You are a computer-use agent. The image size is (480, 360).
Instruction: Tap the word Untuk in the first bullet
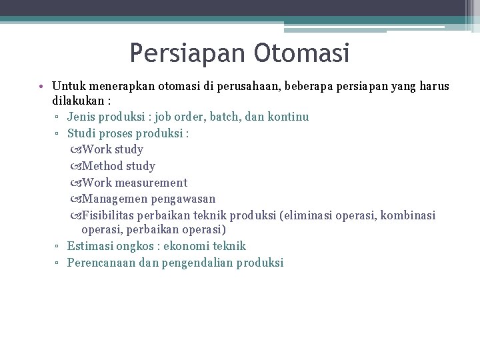tap(68, 87)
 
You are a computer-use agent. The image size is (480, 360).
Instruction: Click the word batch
tap(226, 117)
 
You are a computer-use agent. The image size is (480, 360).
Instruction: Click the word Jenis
tap(81, 117)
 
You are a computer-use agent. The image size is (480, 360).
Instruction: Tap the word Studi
tap(82, 133)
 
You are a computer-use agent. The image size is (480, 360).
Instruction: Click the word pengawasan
tap(183, 199)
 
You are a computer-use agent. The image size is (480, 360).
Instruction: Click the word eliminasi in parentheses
tap(307, 215)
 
